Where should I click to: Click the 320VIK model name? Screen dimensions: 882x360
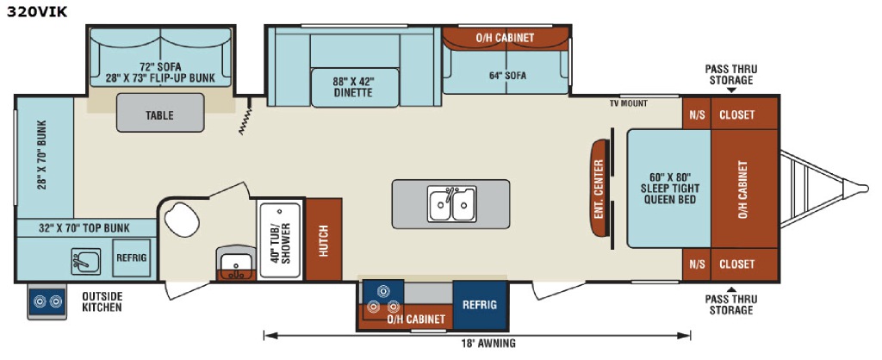37,11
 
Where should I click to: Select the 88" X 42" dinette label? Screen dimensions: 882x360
352,87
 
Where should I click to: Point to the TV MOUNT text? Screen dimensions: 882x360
628,103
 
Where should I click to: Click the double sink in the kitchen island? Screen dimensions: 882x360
451,203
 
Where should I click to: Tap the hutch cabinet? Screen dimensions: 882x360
324,239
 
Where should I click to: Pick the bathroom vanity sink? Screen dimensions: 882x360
236,264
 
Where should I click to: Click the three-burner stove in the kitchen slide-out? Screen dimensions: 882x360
383,299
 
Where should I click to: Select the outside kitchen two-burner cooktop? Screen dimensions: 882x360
47,301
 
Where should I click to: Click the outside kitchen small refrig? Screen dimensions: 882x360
132,258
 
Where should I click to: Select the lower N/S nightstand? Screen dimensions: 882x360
696,264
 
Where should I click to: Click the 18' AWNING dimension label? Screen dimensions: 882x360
490,344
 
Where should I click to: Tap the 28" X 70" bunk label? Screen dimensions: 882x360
42,155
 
